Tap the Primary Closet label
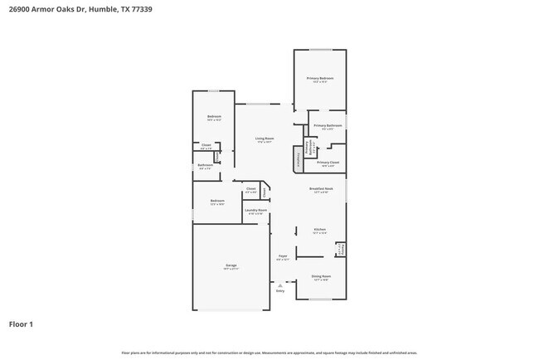(328, 163)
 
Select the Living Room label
(265, 139)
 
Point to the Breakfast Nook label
(321, 189)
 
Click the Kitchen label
(320, 230)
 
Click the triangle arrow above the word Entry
(280, 285)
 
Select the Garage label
(231, 265)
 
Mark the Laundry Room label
(256, 211)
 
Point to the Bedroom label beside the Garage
(217, 202)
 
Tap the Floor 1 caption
(21, 324)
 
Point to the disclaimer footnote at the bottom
(269, 353)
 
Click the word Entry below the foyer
(280, 291)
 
